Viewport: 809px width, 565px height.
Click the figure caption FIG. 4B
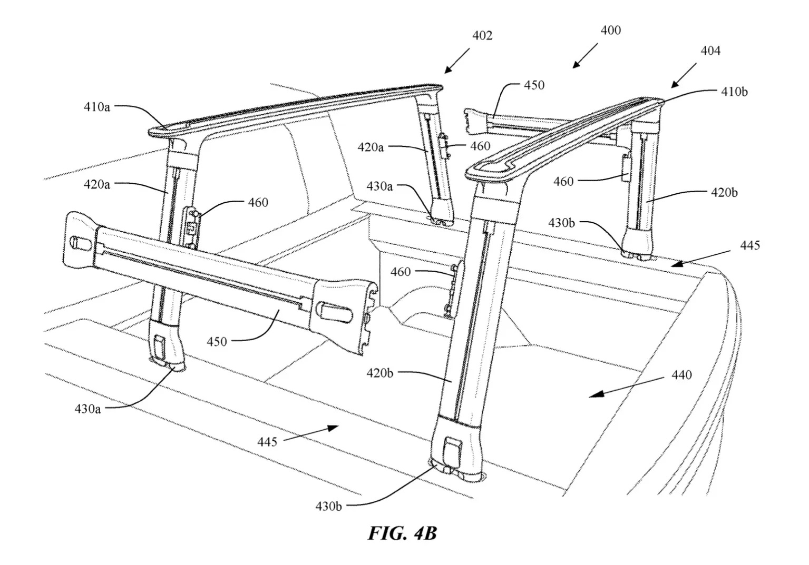click(402, 533)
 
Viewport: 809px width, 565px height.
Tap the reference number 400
click(611, 31)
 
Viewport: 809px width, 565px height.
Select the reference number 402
click(482, 35)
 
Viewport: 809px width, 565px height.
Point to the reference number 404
click(710, 51)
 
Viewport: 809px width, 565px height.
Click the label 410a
click(97, 107)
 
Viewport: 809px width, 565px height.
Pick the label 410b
click(734, 92)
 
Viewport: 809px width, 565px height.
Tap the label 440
click(681, 375)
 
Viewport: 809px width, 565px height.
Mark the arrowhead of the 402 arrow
click(448, 70)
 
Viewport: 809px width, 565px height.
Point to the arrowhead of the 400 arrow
click(577, 64)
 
